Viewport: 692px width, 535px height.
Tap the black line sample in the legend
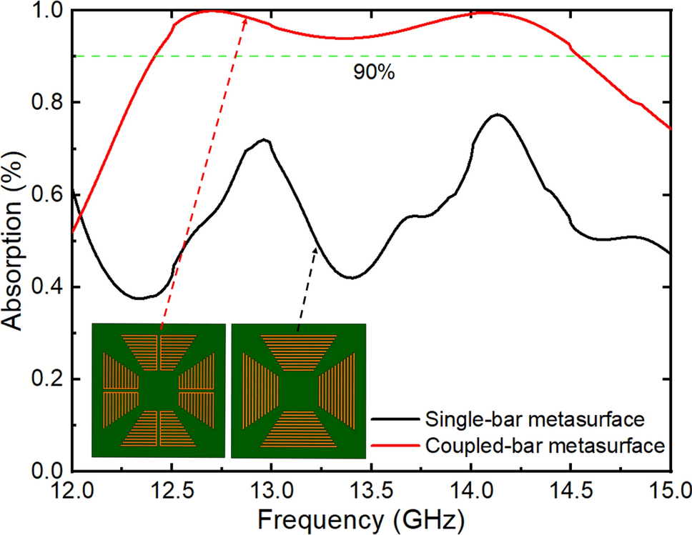pos(395,418)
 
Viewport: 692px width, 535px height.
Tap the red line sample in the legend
pos(395,445)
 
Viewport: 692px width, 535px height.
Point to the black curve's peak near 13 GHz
pos(265,140)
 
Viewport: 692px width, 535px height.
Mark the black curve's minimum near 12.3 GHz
pos(139,298)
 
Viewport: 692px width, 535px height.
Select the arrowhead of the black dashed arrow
pos(316,248)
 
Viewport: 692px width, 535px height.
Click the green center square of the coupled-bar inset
pos(158,391)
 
